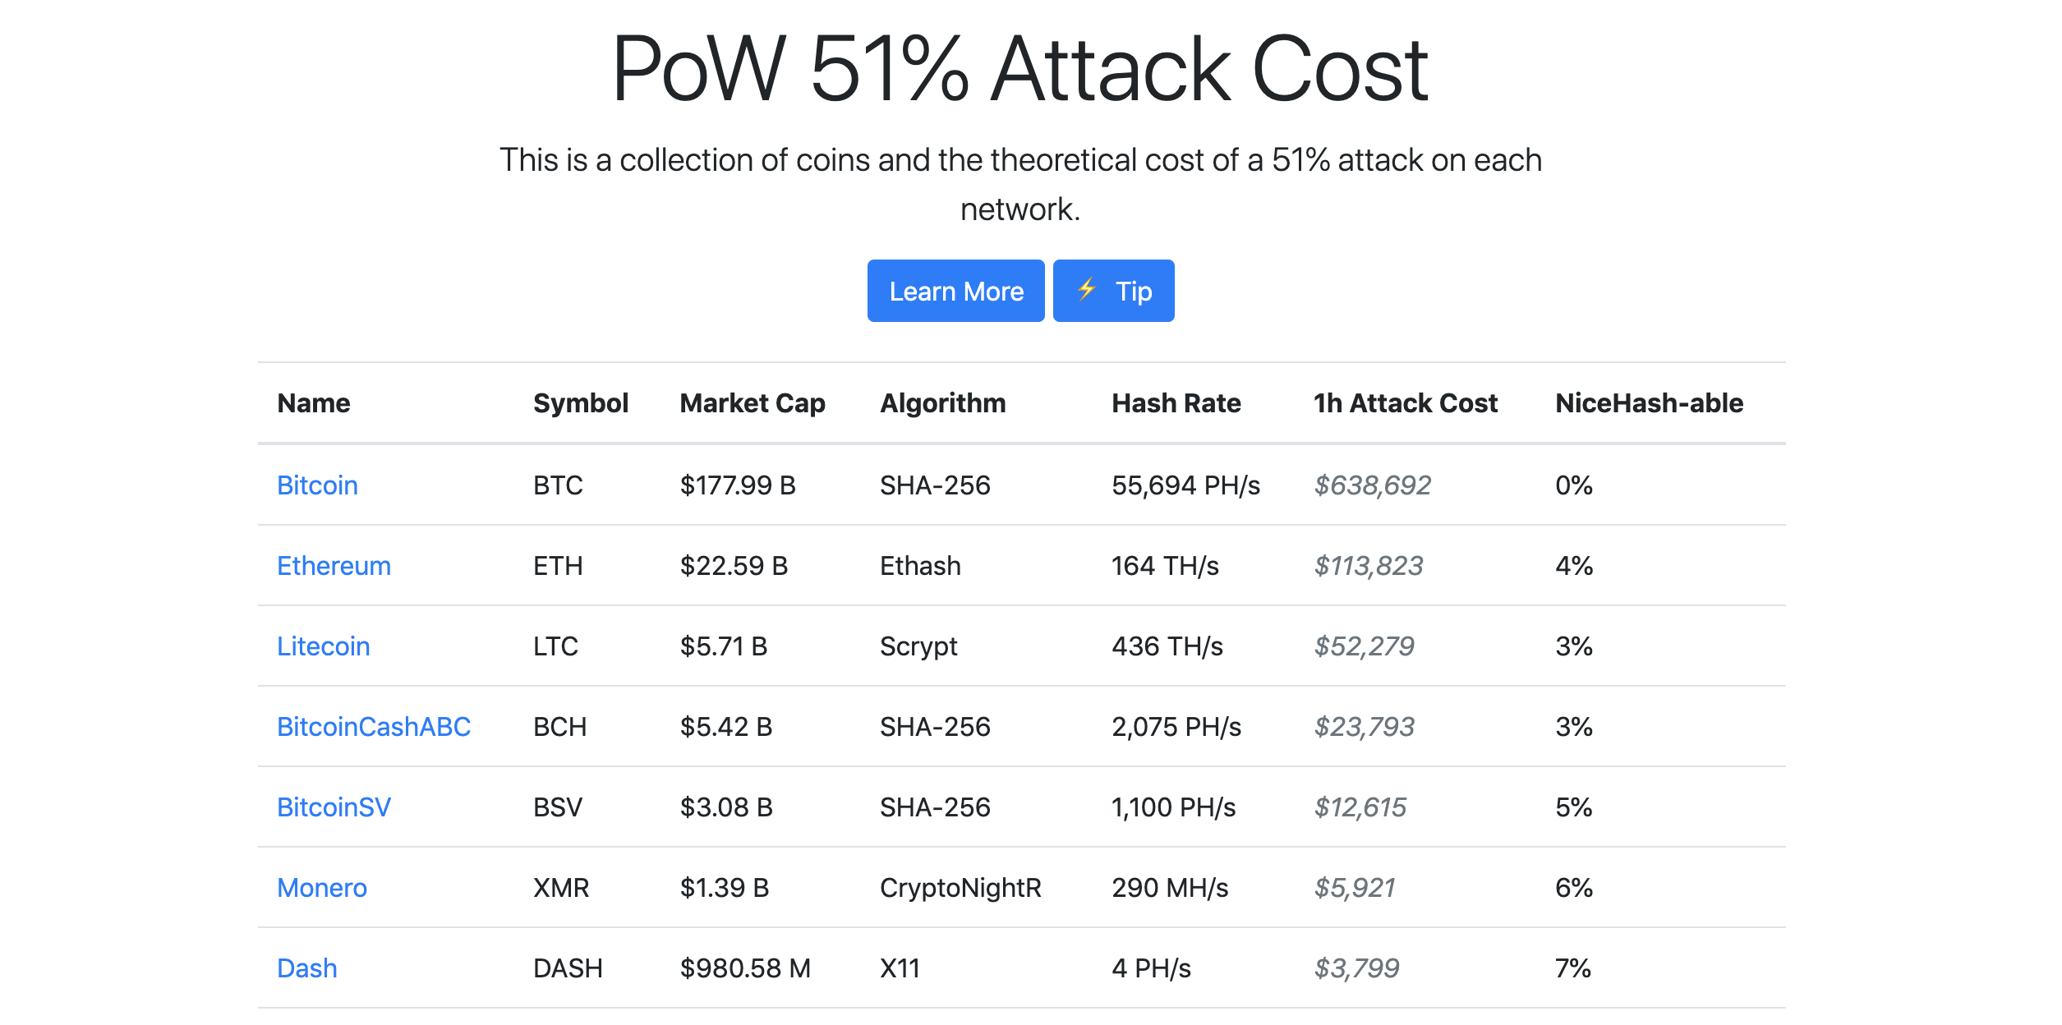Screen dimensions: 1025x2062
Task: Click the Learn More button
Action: (955, 292)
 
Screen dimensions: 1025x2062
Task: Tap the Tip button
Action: (1113, 292)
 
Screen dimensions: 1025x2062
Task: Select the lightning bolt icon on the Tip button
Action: (1087, 289)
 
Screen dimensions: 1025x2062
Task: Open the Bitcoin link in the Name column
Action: (317, 485)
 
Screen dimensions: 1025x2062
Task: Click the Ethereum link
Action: (334, 566)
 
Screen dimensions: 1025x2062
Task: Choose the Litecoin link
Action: (323, 646)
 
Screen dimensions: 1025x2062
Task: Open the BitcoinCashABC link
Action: (374, 727)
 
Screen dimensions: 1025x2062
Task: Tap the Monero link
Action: (322, 888)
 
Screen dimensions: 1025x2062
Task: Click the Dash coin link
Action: (307, 968)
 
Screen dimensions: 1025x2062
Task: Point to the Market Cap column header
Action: (753, 403)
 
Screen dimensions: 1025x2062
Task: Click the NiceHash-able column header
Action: (1649, 403)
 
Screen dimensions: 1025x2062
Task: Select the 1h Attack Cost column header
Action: (1405, 403)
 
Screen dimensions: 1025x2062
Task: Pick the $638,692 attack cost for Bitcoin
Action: (1372, 485)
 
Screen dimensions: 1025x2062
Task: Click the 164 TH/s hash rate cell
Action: (1165, 566)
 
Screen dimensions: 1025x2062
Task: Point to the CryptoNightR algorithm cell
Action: (960, 888)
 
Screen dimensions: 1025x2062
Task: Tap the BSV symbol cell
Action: (558, 807)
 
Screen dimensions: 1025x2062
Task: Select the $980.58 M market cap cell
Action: (745, 968)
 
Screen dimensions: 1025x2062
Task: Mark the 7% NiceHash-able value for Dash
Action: (1573, 968)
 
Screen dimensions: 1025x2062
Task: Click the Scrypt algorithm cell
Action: (918, 646)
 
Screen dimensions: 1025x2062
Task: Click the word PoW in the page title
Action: (699, 69)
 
